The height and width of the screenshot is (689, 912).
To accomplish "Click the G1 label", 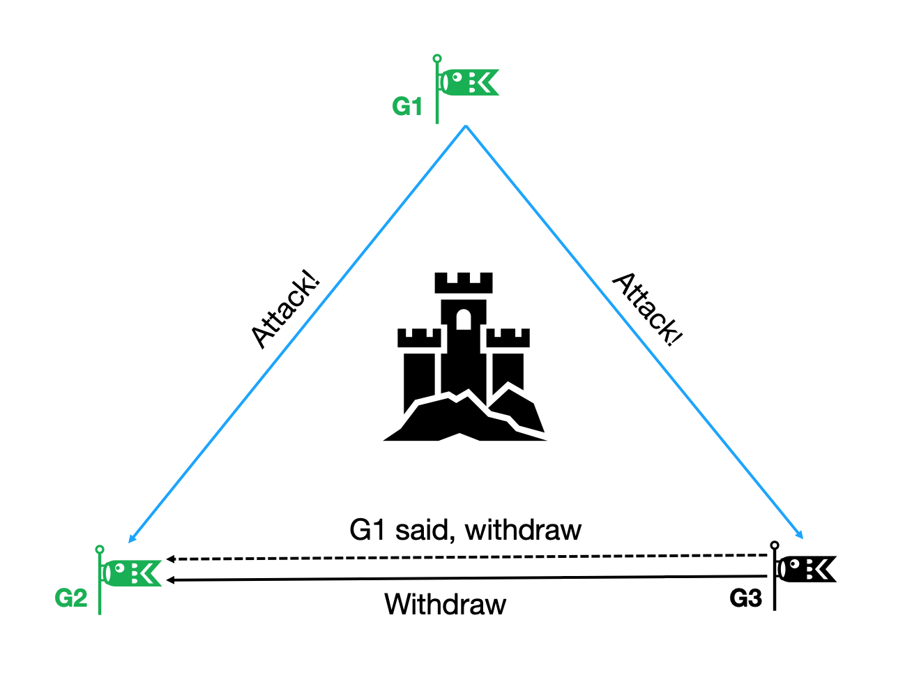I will (x=407, y=107).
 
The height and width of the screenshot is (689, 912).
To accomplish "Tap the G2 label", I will (x=71, y=598).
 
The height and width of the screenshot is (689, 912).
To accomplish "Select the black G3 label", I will (x=746, y=598).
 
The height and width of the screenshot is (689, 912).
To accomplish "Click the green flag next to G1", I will (x=469, y=82).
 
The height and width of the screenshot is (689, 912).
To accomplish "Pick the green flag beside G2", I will (x=131, y=573).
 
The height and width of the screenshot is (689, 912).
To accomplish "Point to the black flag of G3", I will (x=806, y=569).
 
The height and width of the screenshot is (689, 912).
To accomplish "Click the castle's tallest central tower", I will (x=464, y=335).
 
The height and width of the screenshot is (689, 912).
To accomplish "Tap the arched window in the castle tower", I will (x=464, y=319).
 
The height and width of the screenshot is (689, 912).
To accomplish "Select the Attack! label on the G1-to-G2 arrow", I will (x=286, y=311).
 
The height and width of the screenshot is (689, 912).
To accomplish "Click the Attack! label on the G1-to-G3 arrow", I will (x=648, y=309).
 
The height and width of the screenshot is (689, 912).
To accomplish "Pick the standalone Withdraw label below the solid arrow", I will (x=445, y=604).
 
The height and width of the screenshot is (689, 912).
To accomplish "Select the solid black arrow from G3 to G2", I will (x=467, y=578).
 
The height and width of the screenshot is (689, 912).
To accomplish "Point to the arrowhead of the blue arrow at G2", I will (x=131, y=539).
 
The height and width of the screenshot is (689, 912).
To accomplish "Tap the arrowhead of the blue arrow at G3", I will (x=800, y=536).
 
